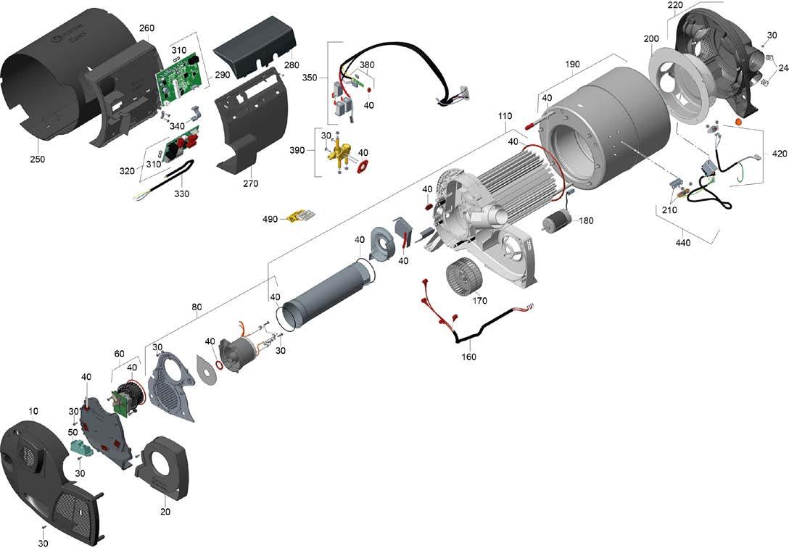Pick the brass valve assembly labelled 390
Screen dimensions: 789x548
[x=338, y=154]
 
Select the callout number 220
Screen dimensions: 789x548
[x=676, y=4]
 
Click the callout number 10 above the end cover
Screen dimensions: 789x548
[x=33, y=411]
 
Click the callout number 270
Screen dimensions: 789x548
[x=251, y=184]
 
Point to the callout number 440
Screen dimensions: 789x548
[x=682, y=244]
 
